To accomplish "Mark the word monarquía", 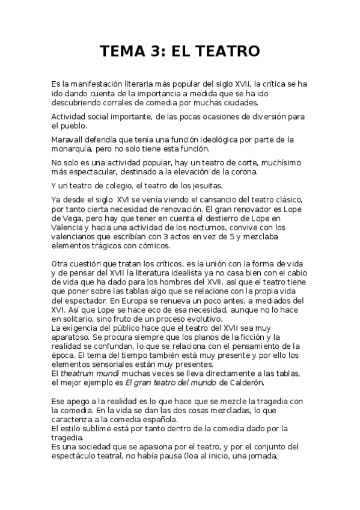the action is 75,149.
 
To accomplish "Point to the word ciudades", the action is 221,102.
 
